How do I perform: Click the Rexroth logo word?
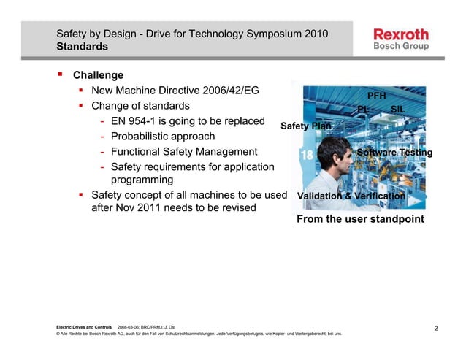click(x=401, y=34)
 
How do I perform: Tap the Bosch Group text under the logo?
click(x=401, y=46)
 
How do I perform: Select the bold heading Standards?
click(x=83, y=47)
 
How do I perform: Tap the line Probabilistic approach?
click(x=163, y=137)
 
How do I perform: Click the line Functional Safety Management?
click(x=184, y=152)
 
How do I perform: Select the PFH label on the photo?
click(x=376, y=96)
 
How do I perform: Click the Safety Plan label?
click(x=306, y=126)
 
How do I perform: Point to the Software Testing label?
click(x=394, y=153)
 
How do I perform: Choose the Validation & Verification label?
click(x=351, y=196)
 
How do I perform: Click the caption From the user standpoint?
click(x=360, y=219)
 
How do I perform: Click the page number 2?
click(x=435, y=329)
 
